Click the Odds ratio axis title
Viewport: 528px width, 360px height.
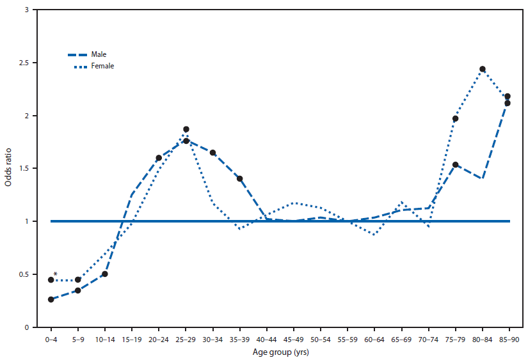click(x=8, y=169)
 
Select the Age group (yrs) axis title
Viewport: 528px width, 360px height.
click(x=279, y=351)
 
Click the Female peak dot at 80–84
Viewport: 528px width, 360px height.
click(x=483, y=69)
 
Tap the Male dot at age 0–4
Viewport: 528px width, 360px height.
click(x=51, y=299)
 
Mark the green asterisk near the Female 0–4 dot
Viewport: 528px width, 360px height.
click(x=56, y=275)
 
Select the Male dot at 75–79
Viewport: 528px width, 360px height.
click(x=456, y=165)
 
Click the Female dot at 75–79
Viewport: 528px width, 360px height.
click(x=456, y=118)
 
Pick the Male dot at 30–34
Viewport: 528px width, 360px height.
click(x=212, y=153)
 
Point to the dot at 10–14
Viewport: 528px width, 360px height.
click(x=105, y=274)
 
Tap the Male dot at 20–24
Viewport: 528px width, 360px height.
click(x=159, y=158)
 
